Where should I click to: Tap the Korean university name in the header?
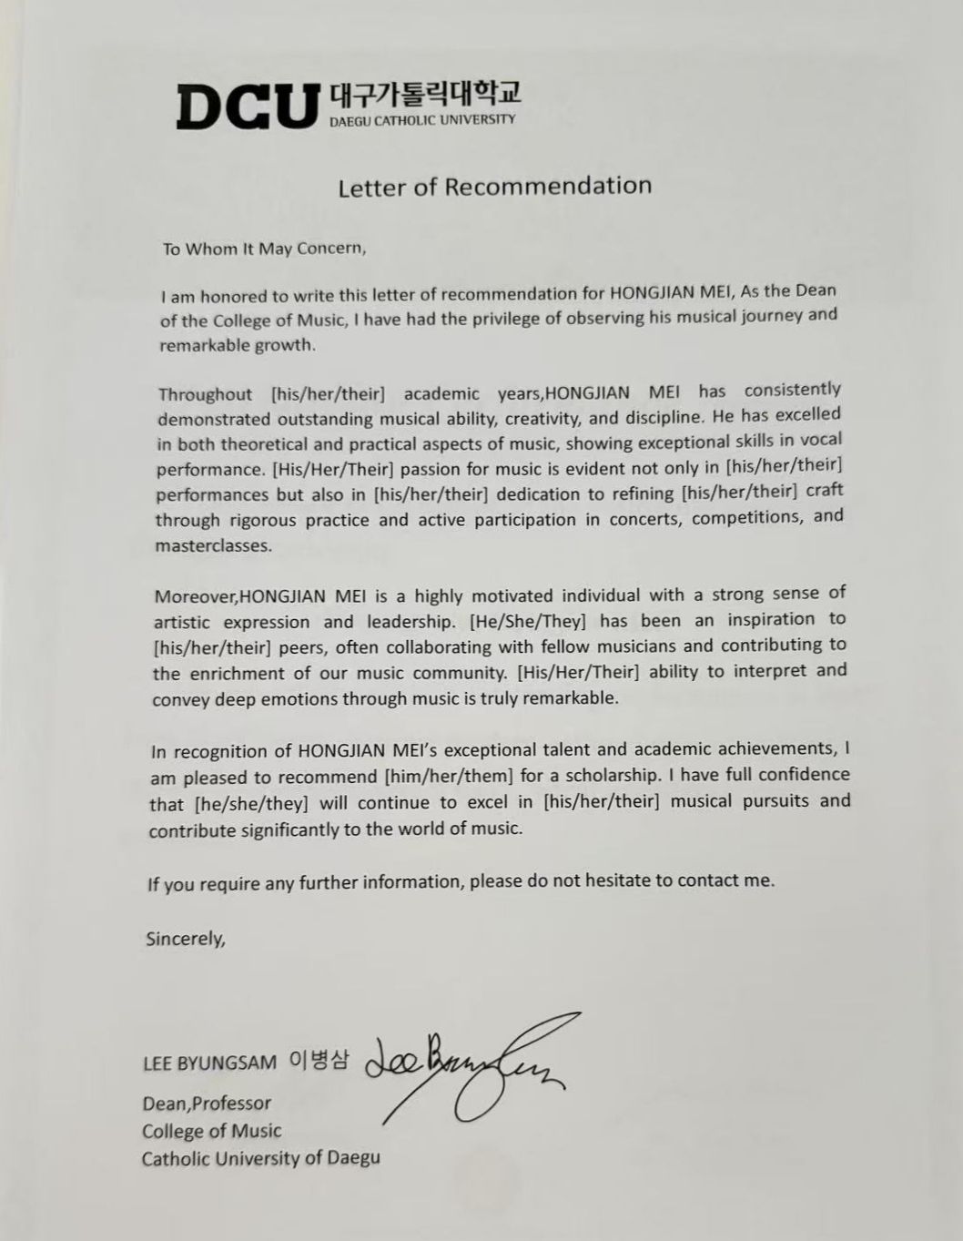point(423,93)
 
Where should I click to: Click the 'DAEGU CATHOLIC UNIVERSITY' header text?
point(421,120)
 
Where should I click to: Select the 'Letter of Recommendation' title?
point(494,187)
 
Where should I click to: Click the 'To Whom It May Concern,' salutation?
point(263,249)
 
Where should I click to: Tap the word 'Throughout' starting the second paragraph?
point(205,394)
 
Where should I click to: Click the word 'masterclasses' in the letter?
point(212,546)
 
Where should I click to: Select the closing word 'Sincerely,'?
point(185,939)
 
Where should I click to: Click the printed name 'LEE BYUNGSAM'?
point(209,1063)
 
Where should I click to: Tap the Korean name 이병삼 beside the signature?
point(318,1061)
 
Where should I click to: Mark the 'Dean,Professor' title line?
point(207,1104)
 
